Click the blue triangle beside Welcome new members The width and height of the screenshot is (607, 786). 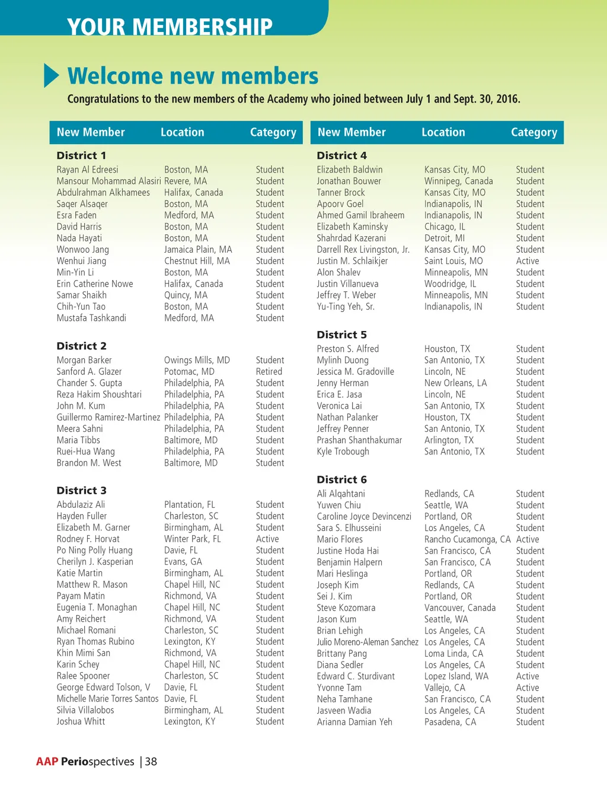click(x=52, y=76)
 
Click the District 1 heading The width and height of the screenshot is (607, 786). click(x=81, y=155)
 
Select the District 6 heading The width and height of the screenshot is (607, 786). click(x=341, y=479)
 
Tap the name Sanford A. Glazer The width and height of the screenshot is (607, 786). click(x=89, y=371)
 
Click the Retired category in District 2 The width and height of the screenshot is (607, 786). click(x=269, y=371)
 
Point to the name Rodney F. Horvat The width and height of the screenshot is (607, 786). click(x=88, y=539)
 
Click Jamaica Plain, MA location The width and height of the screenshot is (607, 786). click(x=198, y=250)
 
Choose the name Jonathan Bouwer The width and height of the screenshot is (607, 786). click(x=349, y=181)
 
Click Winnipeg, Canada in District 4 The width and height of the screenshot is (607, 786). click(x=458, y=181)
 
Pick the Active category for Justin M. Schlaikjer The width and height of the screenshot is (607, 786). click(x=528, y=261)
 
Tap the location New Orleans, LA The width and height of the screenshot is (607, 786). click(x=455, y=383)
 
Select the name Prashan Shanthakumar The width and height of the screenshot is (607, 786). click(x=359, y=440)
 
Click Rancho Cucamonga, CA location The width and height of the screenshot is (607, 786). click(x=467, y=539)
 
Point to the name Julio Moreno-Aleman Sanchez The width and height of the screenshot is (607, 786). click(x=367, y=642)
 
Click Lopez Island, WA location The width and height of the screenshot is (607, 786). click(x=456, y=676)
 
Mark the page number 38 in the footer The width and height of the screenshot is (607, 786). click(x=151, y=762)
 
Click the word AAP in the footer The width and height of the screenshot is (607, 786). click(x=47, y=762)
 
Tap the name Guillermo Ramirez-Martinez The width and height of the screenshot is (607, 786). click(x=108, y=417)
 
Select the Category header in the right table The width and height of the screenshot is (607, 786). click(x=533, y=132)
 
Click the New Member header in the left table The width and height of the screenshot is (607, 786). click(x=91, y=132)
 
